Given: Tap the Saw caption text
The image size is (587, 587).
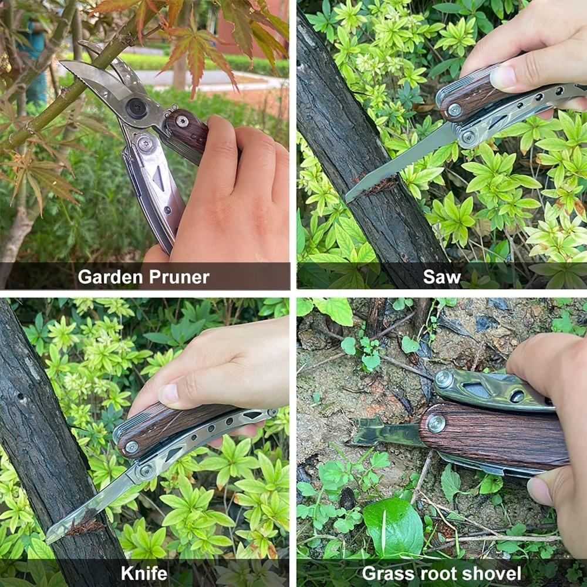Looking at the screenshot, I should tap(441, 277).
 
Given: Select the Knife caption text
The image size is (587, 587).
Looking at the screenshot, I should tap(144, 573).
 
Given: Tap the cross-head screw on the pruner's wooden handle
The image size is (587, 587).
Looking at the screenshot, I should tap(183, 122).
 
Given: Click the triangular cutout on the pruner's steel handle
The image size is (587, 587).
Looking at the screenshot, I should tap(159, 178).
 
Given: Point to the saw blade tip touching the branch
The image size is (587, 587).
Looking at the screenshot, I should tap(350, 197).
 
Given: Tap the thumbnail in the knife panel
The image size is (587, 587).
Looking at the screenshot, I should tap(170, 393).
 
